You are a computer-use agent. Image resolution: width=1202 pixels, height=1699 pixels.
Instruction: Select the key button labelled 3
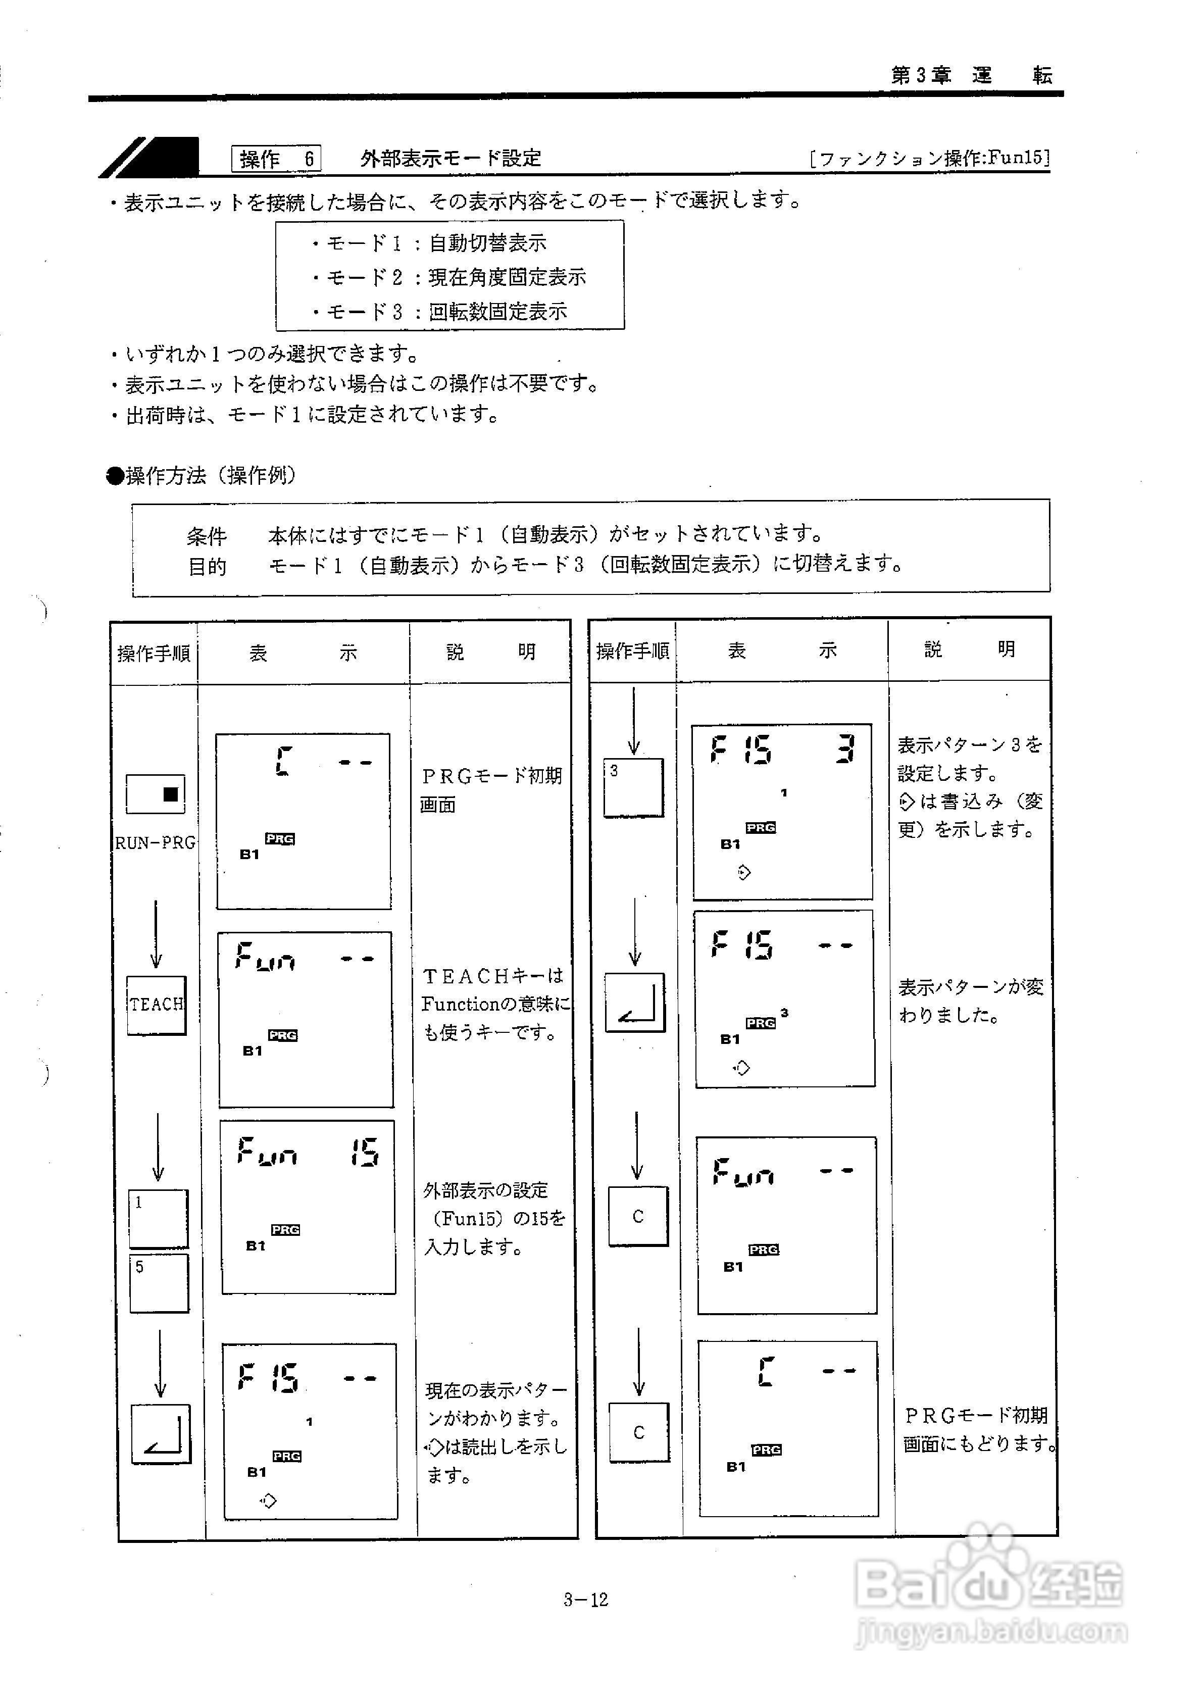(x=633, y=787)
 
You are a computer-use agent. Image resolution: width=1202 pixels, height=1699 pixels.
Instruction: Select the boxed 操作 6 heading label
(x=276, y=159)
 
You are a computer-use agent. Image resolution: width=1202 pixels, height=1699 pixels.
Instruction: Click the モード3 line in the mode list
(x=440, y=312)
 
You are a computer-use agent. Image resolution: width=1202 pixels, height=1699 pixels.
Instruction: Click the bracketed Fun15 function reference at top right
(x=930, y=158)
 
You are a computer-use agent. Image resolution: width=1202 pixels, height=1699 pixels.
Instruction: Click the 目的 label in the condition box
(x=207, y=567)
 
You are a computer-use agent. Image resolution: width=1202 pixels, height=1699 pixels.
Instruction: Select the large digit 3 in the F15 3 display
(x=844, y=749)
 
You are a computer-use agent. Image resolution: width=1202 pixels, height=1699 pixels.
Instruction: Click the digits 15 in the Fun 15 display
(x=365, y=1152)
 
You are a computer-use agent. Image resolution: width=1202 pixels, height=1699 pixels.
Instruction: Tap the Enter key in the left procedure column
(x=161, y=1433)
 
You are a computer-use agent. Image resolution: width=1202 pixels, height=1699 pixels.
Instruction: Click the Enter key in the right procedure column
(x=635, y=1003)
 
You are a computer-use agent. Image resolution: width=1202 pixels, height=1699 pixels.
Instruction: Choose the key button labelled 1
(x=159, y=1218)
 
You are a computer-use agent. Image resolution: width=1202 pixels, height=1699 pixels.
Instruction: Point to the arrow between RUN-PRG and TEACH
(x=156, y=934)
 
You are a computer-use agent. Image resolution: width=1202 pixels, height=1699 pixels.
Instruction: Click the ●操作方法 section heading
(x=202, y=475)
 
